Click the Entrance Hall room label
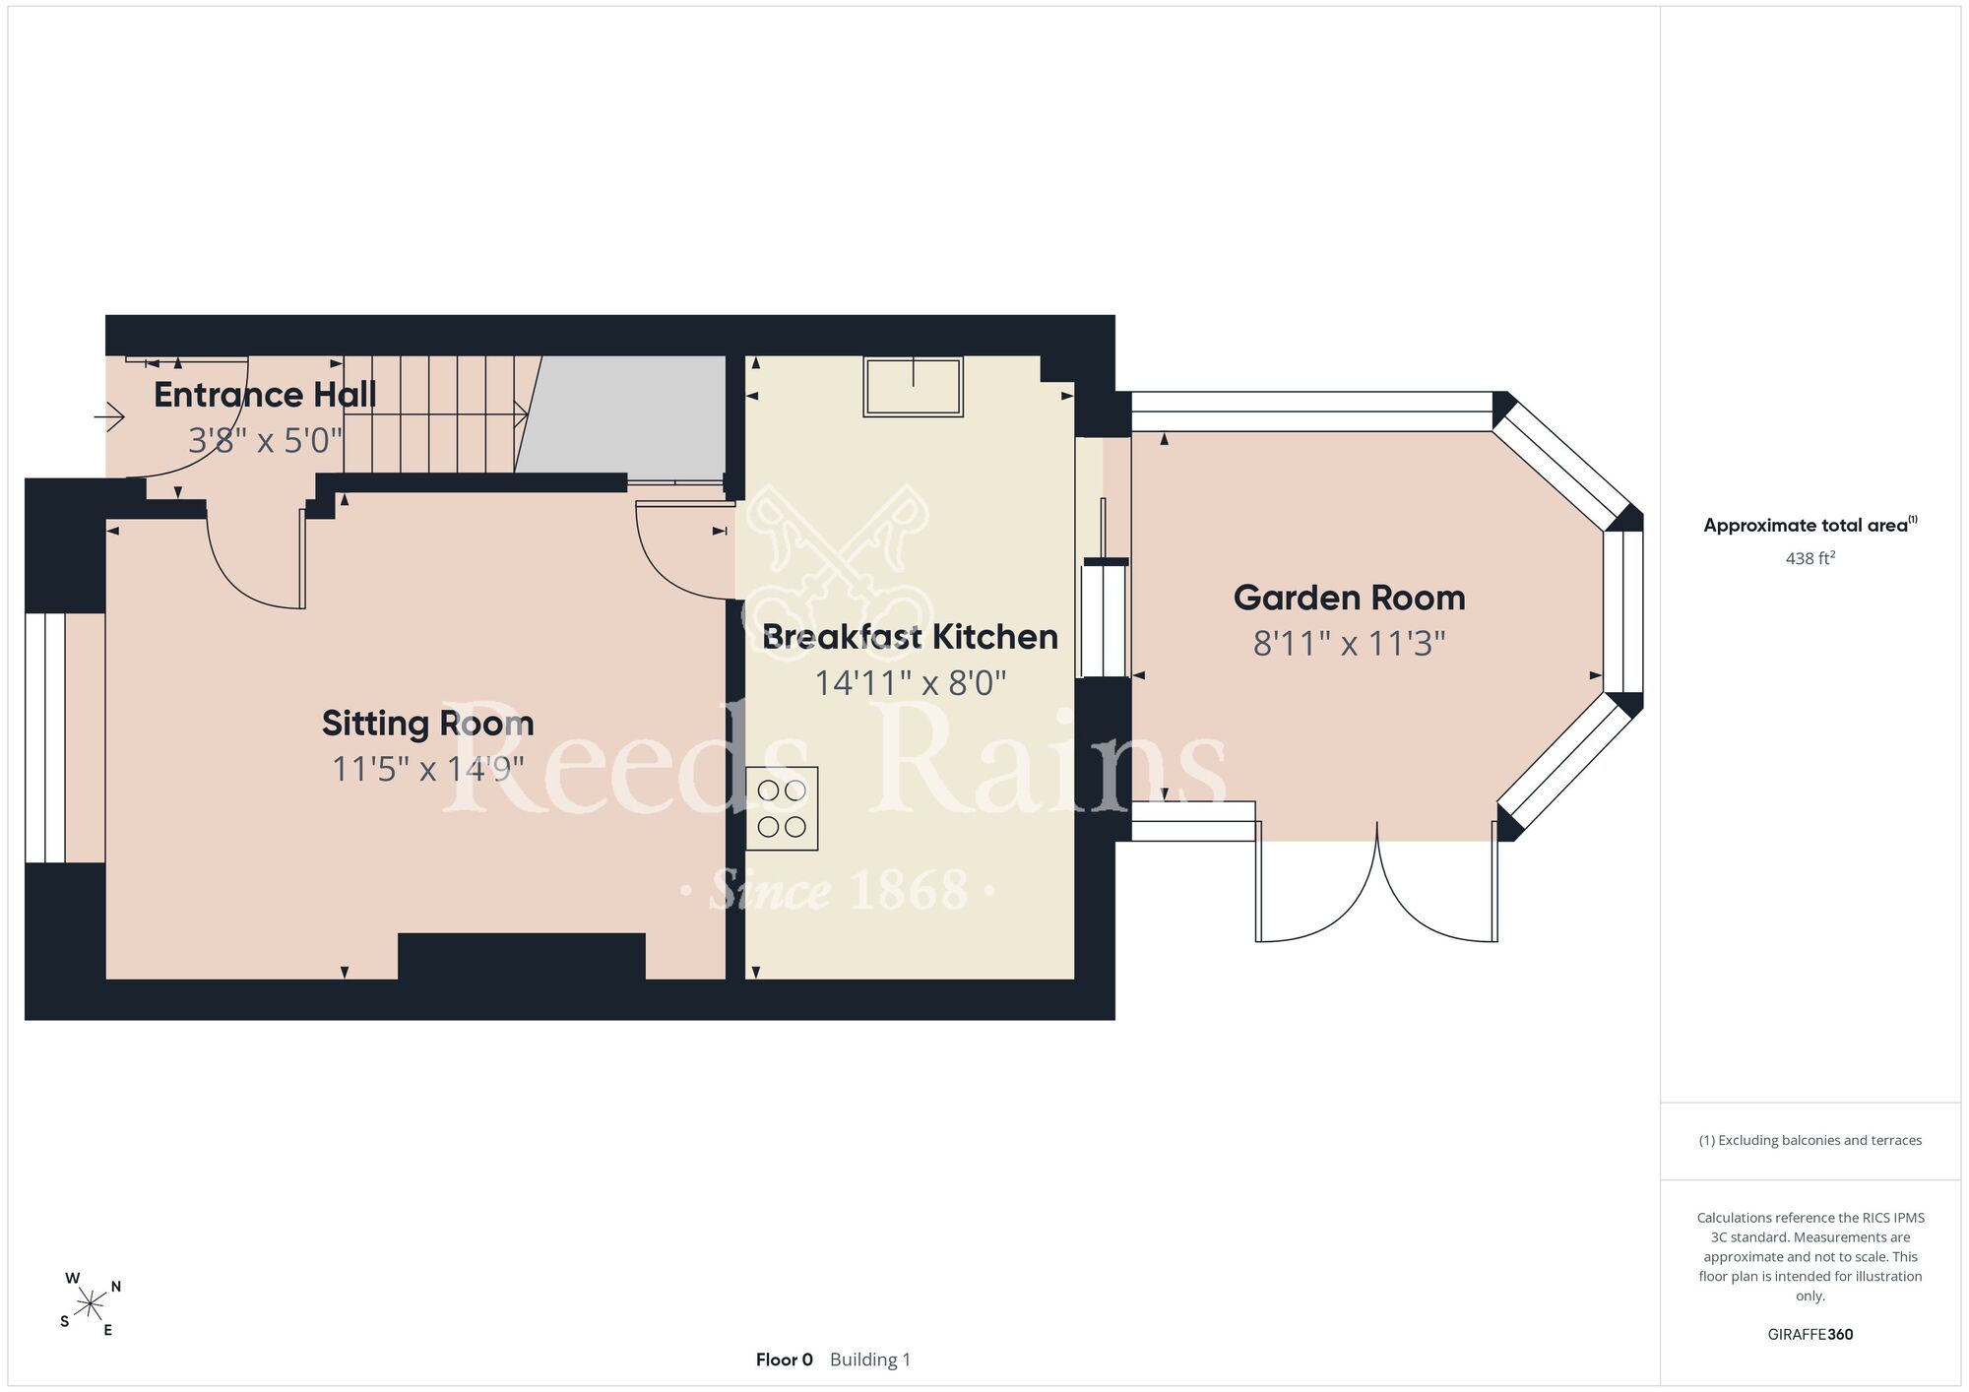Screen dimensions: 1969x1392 (x=265, y=395)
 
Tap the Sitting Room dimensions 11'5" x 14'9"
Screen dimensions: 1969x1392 (x=427, y=769)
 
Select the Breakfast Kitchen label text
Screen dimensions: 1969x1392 (x=911, y=637)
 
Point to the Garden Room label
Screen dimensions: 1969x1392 (x=1349, y=598)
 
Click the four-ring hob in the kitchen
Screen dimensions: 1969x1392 (x=782, y=808)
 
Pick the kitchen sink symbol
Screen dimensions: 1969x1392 (x=914, y=386)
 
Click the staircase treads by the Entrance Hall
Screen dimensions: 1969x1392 (x=442, y=414)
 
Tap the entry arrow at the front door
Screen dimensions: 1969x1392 (x=109, y=418)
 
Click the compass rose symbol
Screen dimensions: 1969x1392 (x=90, y=1305)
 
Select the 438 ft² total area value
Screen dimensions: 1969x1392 (x=1810, y=558)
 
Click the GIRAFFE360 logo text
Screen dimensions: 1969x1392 (x=1810, y=1335)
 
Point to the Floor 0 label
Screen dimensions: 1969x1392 (x=785, y=1360)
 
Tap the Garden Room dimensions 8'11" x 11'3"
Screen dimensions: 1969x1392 (x=1349, y=644)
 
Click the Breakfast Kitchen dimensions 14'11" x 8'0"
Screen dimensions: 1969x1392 (x=911, y=683)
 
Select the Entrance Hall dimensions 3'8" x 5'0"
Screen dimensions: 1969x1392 (x=265, y=441)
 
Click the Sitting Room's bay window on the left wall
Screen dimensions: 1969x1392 (x=45, y=737)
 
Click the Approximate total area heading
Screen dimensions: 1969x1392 (x=1810, y=525)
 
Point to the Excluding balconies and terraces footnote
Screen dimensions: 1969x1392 (x=1810, y=1140)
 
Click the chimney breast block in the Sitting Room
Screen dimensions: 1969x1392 (x=522, y=956)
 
